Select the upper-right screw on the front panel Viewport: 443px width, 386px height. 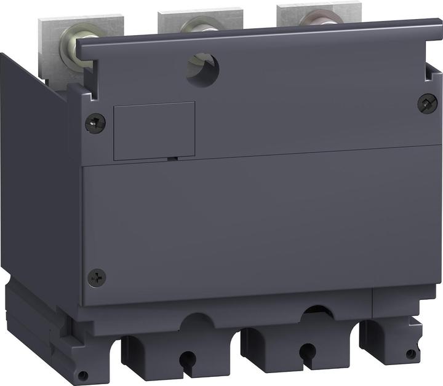tap(426, 103)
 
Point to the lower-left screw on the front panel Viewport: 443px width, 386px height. tap(97, 277)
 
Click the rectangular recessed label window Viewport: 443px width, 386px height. tap(154, 130)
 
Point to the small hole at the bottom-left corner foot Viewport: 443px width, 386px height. tap(81, 375)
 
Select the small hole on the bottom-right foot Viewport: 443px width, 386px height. tap(410, 353)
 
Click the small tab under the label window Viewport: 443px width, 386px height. tap(173, 159)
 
